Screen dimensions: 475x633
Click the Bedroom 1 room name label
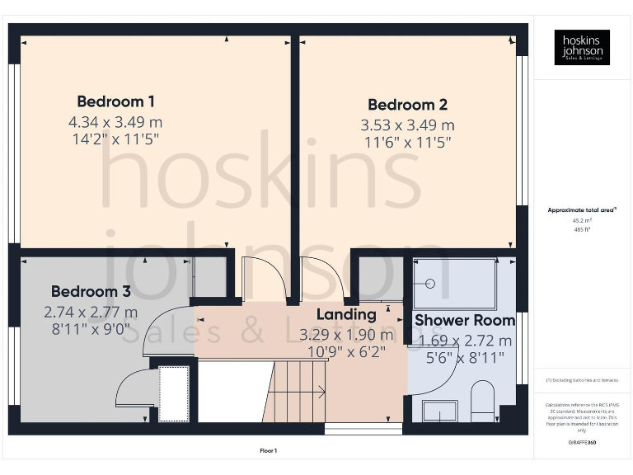point(115,101)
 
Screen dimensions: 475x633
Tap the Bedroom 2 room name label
point(407,105)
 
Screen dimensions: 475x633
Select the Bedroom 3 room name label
point(91,291)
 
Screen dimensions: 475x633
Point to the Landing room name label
point(346,314)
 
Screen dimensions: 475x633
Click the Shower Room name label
point(464,320)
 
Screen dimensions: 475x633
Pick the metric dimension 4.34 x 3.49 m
point(115,122)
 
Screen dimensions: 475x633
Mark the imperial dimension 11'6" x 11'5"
point(407,142)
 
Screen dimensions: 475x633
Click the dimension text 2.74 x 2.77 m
point(91,313)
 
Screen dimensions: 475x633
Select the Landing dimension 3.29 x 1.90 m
point(346,335)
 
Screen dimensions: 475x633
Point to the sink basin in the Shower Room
point(439,410)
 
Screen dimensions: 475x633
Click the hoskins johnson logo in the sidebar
point(582,47)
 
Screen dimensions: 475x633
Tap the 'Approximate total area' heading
point(581,210)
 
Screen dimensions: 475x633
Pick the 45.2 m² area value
point(581,220)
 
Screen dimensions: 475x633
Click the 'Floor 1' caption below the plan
point(267,450)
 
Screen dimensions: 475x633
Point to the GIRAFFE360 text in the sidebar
point(581,443)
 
